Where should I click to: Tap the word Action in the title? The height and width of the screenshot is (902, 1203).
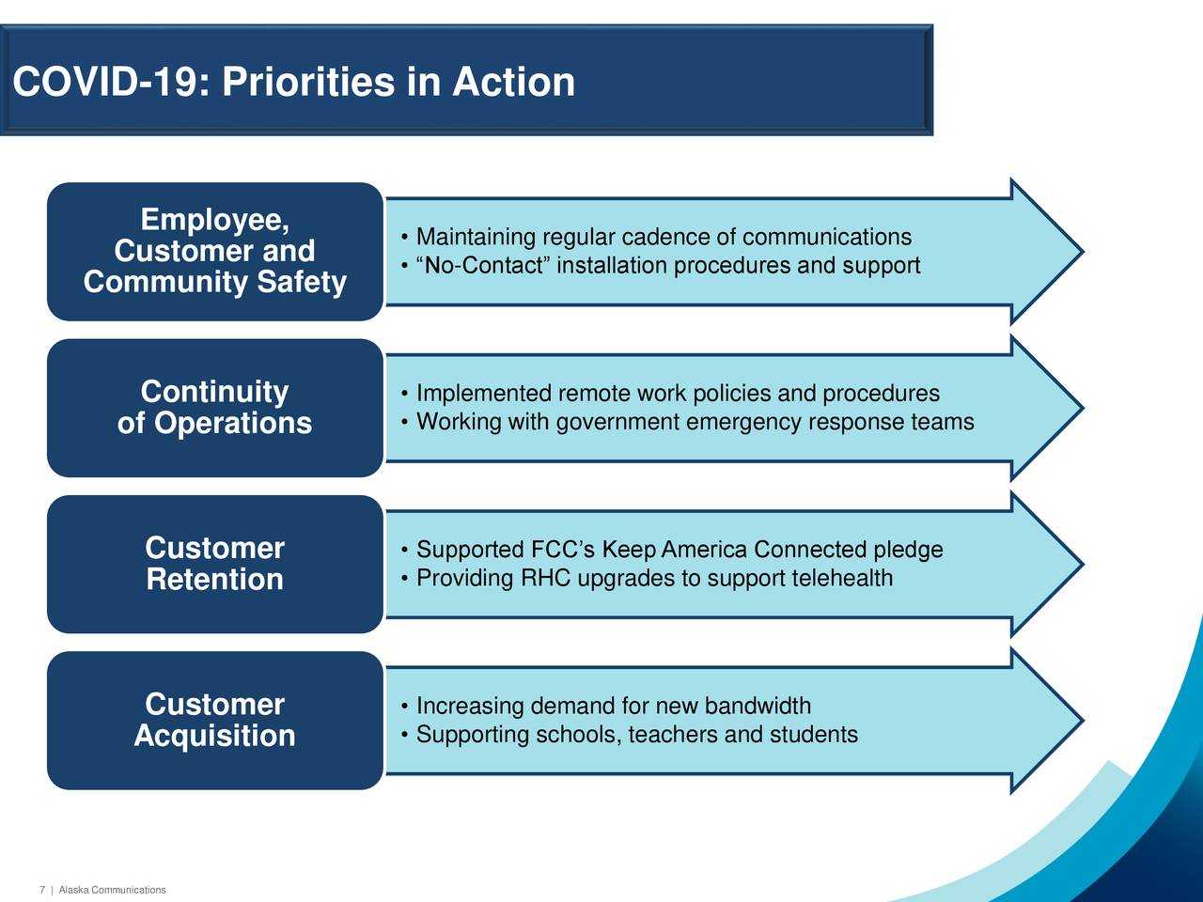(x=513, y=82)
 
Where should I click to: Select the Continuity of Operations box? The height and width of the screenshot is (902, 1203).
(x=215, y=408)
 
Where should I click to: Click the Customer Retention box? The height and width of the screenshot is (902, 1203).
(x=215, y=564)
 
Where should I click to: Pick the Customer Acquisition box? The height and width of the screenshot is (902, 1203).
(x=215, y=720)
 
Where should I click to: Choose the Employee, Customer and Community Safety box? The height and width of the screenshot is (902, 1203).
(x=215, y=252)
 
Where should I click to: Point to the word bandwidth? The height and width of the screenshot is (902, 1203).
(x=758, y=706)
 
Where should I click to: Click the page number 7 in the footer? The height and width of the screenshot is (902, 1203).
(x=42, y=890)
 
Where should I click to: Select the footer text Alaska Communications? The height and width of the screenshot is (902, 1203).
(x=113, y=890)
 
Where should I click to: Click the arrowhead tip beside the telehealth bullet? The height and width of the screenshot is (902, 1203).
(x=1083, y=564)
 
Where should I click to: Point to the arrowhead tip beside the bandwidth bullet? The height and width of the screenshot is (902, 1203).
(x=1083, y=720)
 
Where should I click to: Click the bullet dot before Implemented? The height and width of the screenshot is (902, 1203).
(x=404, y=394)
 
